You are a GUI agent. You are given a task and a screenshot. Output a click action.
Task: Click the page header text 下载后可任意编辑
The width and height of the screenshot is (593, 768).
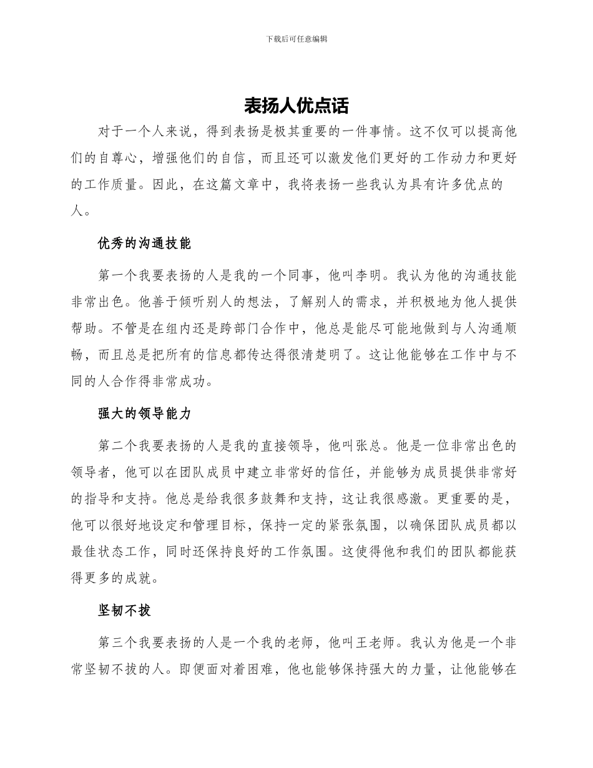(296, 39)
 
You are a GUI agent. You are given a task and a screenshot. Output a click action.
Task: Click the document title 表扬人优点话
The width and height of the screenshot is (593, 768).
(296, 105)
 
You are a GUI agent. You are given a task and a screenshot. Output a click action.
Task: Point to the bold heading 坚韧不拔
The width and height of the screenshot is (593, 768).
(124, 610)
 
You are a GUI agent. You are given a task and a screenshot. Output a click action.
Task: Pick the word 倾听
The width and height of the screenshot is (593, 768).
(175, 302)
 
